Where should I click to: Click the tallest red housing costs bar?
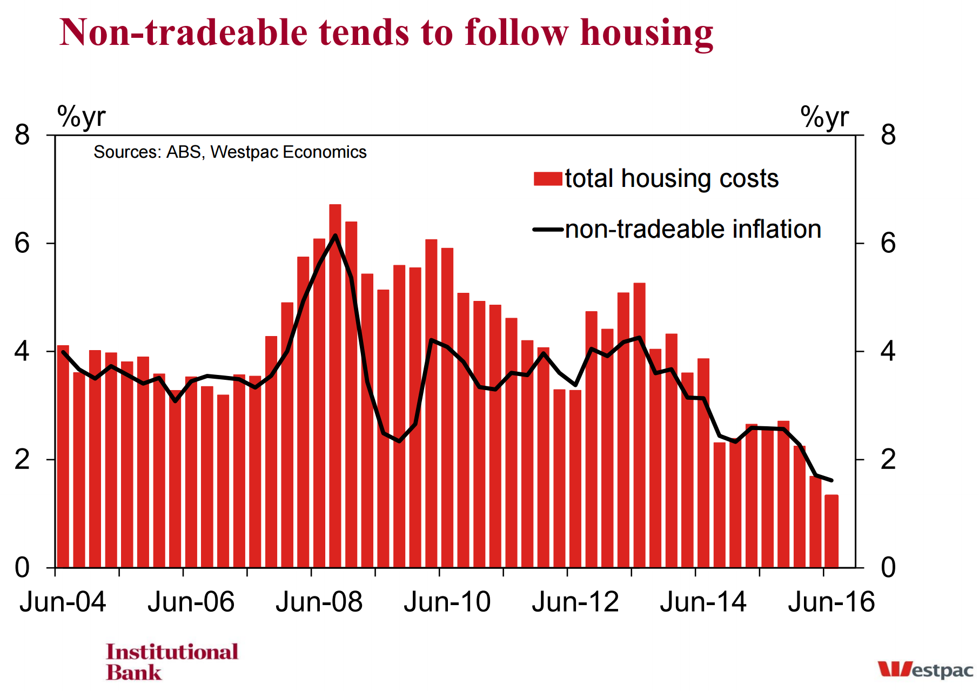coord(335,386)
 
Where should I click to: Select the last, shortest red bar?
coord(832,531)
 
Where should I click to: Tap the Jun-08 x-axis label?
coord(319,602)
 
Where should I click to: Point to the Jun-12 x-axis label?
coord(575,602)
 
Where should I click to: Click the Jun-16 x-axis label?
coord(831,602)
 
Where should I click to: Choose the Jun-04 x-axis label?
coord(63,602)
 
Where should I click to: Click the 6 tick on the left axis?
coord(22,244)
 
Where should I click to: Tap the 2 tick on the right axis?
coord(888,460)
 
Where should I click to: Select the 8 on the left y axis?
coord(22,135)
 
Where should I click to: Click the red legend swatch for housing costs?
coord(548,179)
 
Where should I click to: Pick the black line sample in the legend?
coord(548,230)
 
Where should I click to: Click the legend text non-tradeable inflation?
coord(693,230)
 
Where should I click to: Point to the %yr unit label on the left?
coord(81,117)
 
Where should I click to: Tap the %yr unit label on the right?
coord(824,117)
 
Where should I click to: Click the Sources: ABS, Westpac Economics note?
coord(230,152)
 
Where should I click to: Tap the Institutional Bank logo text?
coord(172,662)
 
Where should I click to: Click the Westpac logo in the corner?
coord(925,669)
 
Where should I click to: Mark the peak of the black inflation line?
coord(335,236)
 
